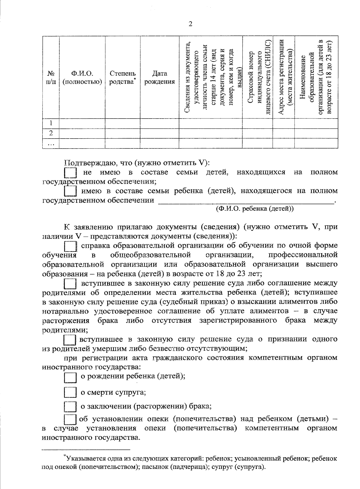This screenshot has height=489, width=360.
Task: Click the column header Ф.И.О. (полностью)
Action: [x=82, y=78]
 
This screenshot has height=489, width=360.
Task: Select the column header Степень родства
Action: [x=122, y=78]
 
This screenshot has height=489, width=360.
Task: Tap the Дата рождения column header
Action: [x=159, y=78]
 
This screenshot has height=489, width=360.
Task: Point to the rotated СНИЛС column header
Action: [x=260, y=77]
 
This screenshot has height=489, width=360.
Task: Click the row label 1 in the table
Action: [x=51, y=123]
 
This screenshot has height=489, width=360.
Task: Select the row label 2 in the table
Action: [x=51, y=133]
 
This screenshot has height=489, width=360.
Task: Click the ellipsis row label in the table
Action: [x=51, y=143]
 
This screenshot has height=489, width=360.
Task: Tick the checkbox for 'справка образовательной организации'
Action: [x=70, y=246]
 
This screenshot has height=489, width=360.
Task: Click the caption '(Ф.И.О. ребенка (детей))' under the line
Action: [x=255, y=209]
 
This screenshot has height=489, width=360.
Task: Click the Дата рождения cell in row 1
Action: [x=159, y=123]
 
